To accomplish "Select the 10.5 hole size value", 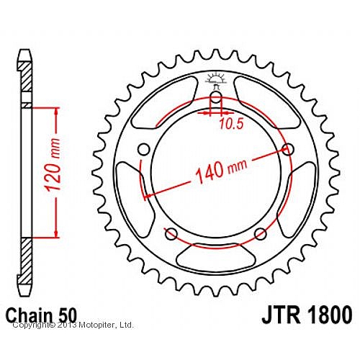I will pos(230,123).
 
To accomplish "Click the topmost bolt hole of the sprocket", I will pos(216,100).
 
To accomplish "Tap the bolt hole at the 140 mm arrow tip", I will pos(289,149).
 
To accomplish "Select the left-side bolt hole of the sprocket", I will pos(143,149).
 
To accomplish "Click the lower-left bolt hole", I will pos(171,234).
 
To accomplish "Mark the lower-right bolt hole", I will pos(261,234).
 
